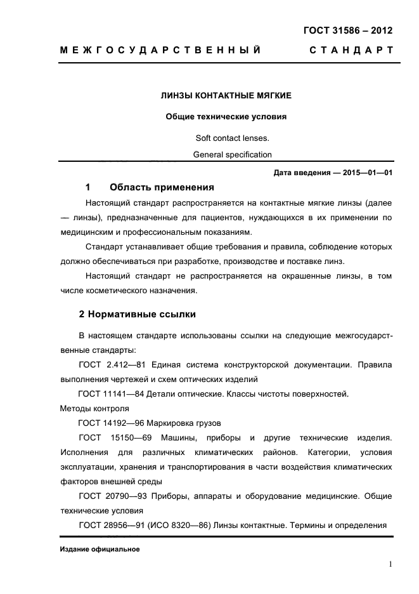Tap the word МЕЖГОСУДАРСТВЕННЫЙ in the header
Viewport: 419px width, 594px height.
[160, 50]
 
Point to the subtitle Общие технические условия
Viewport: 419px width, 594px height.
[226, 117]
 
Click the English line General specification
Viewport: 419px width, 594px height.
[232, 154]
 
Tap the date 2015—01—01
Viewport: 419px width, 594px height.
[368, 173]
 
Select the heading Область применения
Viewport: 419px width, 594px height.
[162, 188]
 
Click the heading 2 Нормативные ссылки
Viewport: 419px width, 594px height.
[137, 313]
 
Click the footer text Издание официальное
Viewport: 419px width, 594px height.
[100, 549]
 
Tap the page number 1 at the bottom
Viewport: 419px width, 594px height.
[390, 564]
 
